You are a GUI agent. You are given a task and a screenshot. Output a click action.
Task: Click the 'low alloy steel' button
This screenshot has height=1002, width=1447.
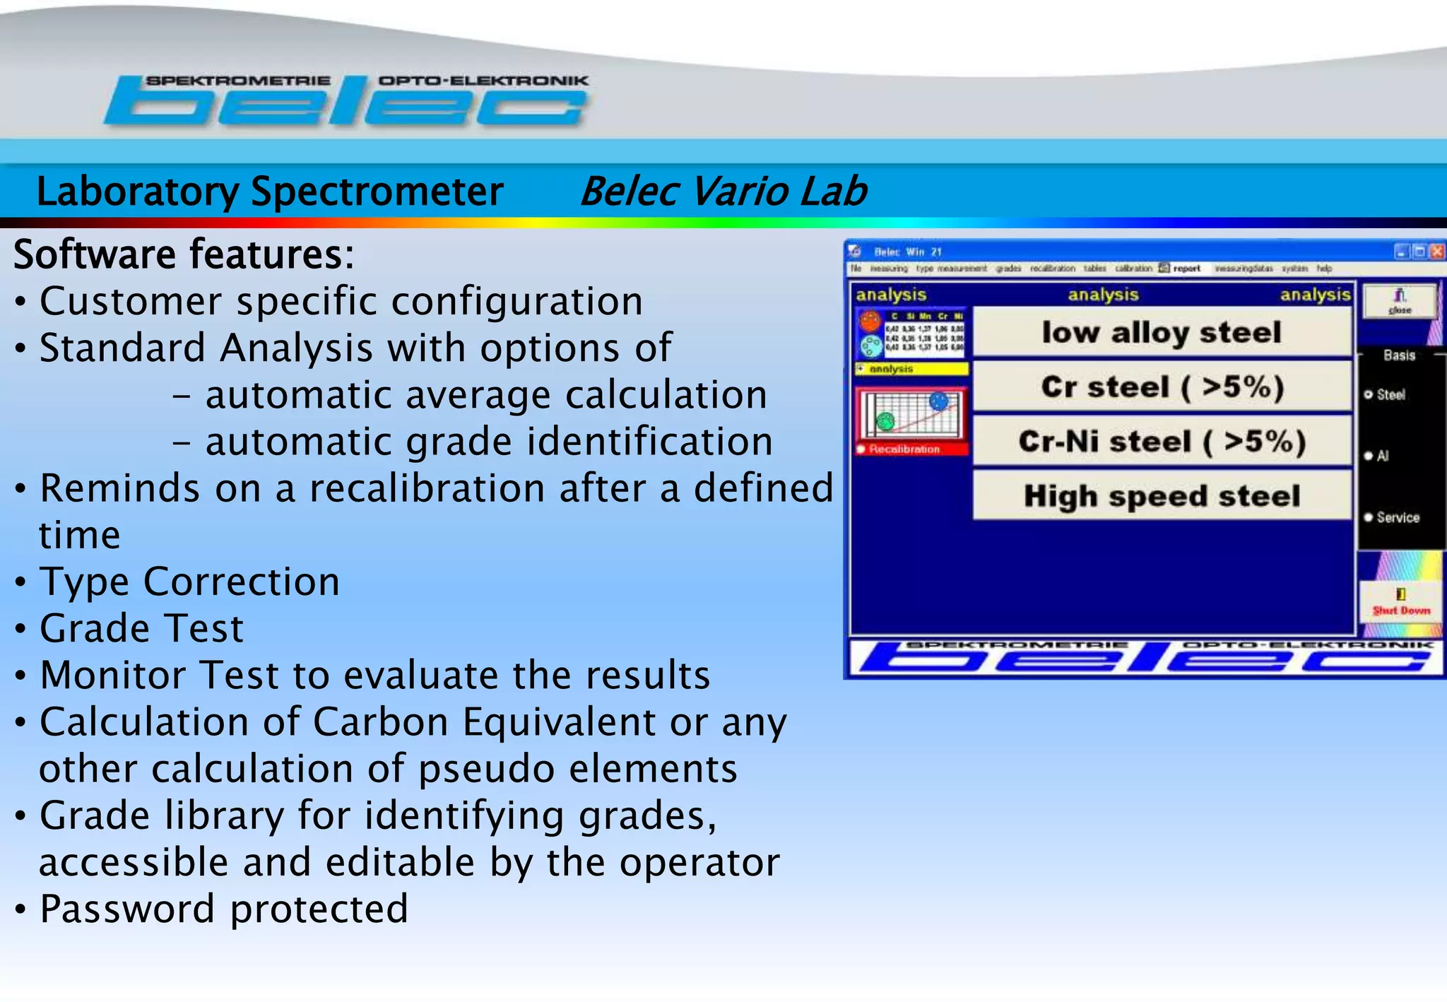pos(1162,333)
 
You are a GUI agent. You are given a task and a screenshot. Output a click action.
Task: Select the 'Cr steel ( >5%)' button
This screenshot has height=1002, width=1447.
pos(1162,387)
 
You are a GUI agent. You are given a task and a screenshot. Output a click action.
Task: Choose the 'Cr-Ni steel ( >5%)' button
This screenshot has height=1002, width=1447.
pos(1162,442)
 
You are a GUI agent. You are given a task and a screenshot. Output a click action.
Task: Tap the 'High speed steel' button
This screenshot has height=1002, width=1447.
pos(1162,496)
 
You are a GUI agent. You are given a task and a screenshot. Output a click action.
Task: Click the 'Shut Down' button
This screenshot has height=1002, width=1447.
pos(1400,602)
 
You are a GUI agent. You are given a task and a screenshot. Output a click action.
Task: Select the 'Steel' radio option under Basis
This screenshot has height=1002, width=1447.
pos(1369,394)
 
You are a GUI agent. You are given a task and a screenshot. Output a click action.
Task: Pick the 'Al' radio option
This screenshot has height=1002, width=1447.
pos(1369,456)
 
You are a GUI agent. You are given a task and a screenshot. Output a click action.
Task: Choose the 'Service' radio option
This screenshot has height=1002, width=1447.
pos(1369,517)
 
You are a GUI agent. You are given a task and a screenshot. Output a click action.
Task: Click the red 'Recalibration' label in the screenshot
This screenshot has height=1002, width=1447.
pos(904,449)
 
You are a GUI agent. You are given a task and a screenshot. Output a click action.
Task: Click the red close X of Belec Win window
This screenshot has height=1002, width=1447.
pos(1436,252)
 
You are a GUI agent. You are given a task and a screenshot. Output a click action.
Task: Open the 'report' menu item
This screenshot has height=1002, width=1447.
pos(1187,269)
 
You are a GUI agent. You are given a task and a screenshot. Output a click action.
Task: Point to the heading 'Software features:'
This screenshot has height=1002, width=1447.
pos(184,254)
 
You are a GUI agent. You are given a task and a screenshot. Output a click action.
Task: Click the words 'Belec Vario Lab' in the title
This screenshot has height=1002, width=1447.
pos(723,191)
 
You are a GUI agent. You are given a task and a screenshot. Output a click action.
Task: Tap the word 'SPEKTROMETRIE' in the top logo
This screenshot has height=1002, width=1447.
pos(238,81)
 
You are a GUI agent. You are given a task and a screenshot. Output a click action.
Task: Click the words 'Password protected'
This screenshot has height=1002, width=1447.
pos(223,909)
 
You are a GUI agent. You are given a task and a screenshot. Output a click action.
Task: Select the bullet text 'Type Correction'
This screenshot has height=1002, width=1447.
pos(189,582)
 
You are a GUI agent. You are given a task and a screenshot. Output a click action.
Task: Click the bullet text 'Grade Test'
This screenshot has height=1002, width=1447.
pos(141,628)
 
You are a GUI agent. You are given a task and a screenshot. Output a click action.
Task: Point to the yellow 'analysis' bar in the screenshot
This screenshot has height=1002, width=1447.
pos(911,369)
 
